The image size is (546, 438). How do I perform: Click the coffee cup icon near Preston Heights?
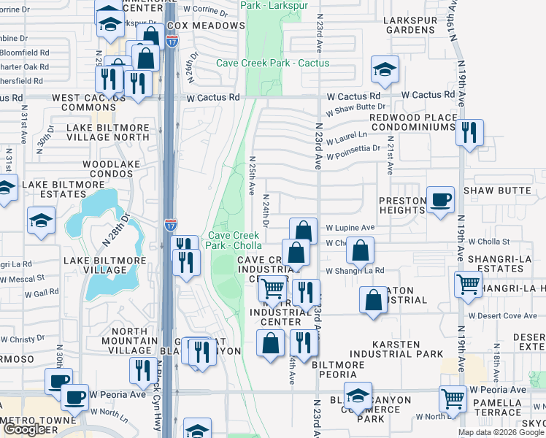pos(440,200)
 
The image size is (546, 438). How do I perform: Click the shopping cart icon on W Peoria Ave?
pos(453,399)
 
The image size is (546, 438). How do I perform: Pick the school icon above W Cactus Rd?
pos(385,70)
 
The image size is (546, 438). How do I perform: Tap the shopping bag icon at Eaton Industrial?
pos(373,300)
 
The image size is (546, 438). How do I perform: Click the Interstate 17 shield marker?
pos(169,224)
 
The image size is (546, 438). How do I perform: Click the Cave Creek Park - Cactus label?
pos(272,64)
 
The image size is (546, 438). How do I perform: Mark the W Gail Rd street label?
pos(42,293)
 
